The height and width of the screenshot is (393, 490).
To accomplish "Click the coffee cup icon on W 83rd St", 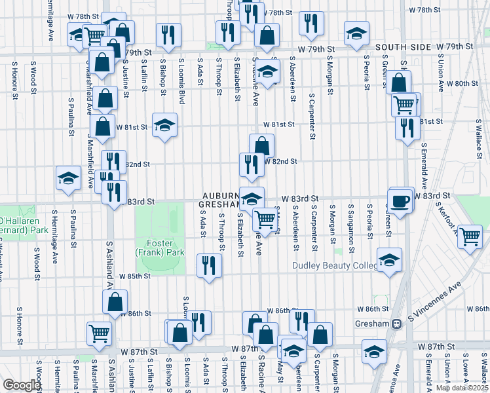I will (401, 199).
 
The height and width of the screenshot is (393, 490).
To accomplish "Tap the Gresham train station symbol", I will (396, 324).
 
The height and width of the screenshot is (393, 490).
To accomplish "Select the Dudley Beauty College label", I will (336, 266).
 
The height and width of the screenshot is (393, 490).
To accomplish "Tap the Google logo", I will (21, 385).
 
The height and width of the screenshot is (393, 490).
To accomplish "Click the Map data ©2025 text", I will (462, 388).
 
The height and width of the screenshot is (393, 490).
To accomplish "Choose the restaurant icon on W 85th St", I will (209, 266).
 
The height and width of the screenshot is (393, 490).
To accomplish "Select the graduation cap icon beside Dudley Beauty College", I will (390, 259).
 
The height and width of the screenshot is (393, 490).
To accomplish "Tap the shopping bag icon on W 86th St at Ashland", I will (115, 302).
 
